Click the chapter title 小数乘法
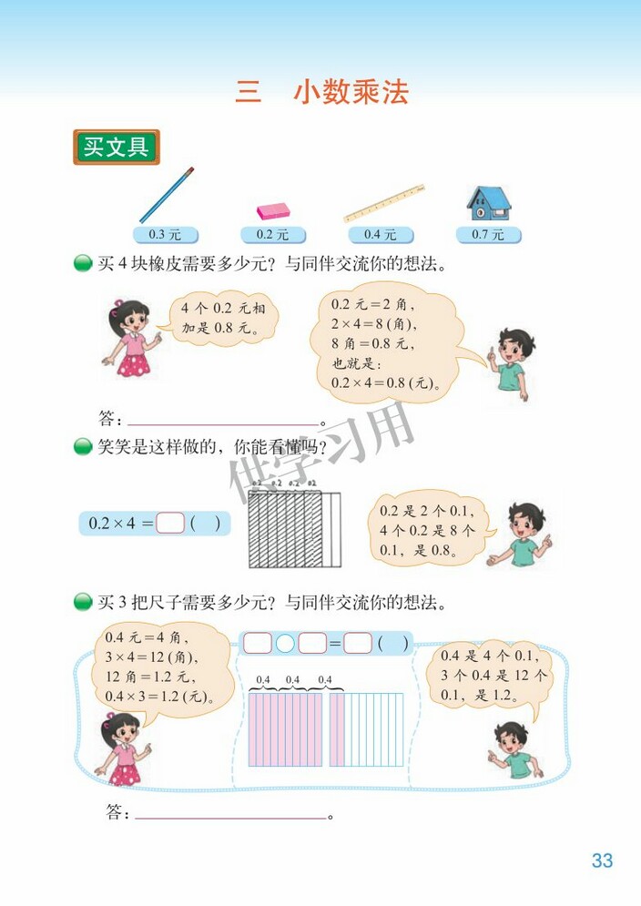point(351,93)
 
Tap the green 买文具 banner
point(116,148)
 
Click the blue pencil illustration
point(167,195)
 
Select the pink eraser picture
point(272,211)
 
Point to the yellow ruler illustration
point(385,203)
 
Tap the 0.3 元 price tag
point(164,235)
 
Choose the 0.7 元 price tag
point(488,235)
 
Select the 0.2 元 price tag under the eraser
point(272,235)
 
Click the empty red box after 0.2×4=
point(170,524)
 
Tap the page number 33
point(602,860)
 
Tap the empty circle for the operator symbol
point(285,644)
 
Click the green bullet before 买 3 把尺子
point(83,602)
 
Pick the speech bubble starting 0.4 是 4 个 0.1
point(492,676)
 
